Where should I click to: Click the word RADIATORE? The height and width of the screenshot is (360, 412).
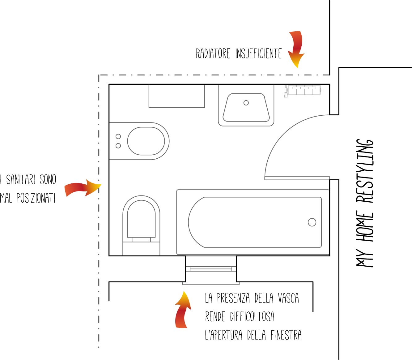click(x=213, y=54)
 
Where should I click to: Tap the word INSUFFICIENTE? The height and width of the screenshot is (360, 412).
click(x=258, y=54)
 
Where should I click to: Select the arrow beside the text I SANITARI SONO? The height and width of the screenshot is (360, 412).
click(x=82, y=188)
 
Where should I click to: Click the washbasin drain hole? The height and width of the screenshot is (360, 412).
click(x=246, y=103)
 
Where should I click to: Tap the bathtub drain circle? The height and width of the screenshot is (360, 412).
click(x=312, y=222)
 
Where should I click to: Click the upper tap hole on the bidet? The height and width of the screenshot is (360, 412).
click(x=118, y=136)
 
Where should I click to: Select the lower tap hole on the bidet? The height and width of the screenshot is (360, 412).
click(x=118, y=146)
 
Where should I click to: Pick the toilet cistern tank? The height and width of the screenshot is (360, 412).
click(x=141, y=249)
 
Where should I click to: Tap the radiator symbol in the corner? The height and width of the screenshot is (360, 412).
click(x=304, y=90)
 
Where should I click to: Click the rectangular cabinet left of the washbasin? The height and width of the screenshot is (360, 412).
click(x=176, y=96)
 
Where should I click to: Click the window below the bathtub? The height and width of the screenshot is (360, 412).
click(x=211, y=269)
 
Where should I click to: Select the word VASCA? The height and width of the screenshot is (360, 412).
click(x=288, y=298)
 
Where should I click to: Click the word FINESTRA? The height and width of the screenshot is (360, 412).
click(x=286, y=335)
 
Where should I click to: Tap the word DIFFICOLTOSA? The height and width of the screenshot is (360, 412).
click(x=252, y=317)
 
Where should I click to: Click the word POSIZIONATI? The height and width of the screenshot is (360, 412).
click(x=36, y=198)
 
